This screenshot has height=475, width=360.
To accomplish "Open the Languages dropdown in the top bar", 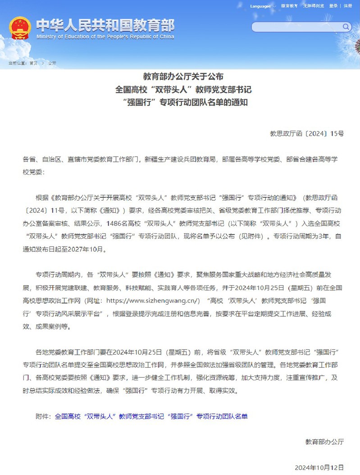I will pos(262,6).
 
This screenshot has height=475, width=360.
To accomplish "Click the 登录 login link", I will pos(333,6).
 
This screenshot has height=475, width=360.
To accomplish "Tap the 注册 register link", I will pos(348,6).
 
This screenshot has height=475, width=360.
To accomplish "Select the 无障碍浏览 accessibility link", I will pos(313,6).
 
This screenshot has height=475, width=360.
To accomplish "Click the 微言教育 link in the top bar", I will pos(289,6).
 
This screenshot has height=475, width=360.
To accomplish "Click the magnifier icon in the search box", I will pos(346,27).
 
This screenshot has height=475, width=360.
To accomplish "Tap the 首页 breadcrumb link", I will pos(34,63).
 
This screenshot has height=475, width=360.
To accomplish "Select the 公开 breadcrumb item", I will pos(52,63).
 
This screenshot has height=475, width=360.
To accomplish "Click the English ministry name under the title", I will pos(105,37).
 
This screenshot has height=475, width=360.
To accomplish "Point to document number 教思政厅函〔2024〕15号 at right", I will pos(306,133).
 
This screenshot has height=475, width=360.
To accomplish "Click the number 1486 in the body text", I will pos(115,223).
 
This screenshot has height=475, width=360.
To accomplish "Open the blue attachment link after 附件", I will pos(151,417).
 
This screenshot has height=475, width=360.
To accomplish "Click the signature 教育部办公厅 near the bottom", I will pos(324,442).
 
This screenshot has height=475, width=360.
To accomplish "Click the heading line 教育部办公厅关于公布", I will pos(183,76).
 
